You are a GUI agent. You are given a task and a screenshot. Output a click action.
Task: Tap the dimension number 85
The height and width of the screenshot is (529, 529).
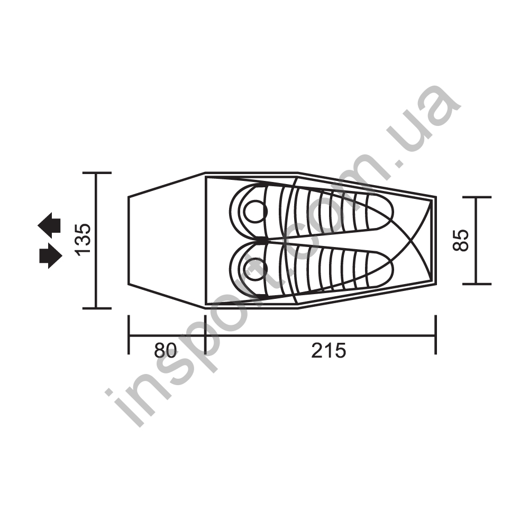pyautogui.click(x=461, y=240)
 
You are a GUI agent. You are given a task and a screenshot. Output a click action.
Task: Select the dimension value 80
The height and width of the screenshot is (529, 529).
pyautogui.click(x=165, y=351)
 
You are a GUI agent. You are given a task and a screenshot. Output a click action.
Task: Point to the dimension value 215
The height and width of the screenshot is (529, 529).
pyautogui.click(x=329, y=351)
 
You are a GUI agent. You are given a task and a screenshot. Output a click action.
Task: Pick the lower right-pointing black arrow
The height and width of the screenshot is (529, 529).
pyautogui.click(x=51, y=256)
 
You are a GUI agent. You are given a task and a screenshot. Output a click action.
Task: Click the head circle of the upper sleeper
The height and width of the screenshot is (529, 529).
pyautogui.click(x=256, y=211)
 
